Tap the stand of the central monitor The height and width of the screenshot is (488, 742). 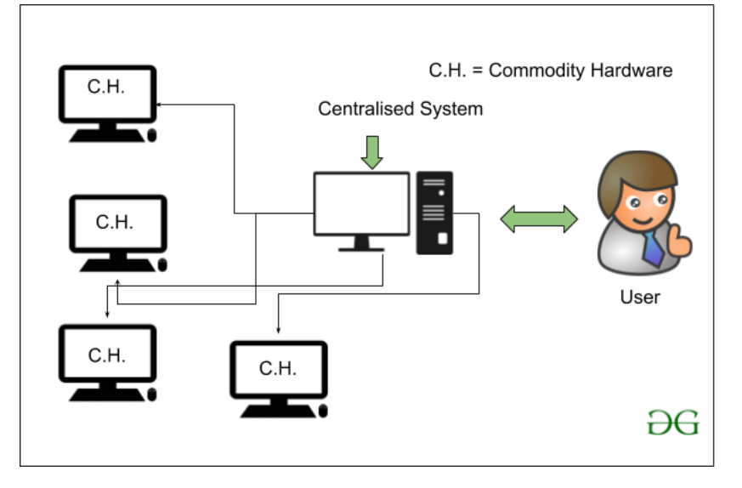[361, 244]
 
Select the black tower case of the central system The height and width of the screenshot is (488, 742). [434, 213]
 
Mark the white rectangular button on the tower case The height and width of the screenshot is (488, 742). [442, 239]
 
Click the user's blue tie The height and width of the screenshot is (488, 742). [653, 247]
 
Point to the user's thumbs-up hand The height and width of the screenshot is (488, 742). [680, 243]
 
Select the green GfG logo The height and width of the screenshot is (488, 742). [672, 423]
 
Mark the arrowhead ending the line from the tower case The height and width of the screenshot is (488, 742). [279, 331]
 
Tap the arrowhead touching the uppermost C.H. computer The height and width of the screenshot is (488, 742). [158, 104]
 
